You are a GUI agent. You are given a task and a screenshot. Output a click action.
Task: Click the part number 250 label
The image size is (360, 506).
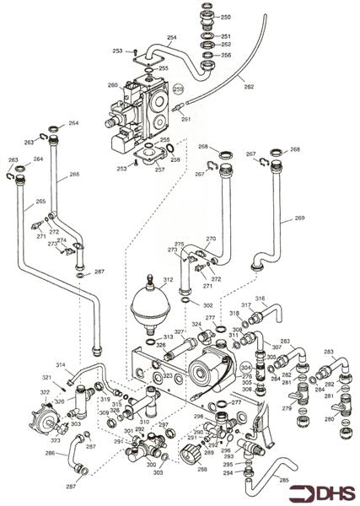(x=225, y=17)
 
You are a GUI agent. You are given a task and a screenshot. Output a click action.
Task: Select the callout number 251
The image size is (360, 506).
(x=225, y=36)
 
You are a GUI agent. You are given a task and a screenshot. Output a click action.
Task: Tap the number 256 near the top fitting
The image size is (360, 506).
(x=225, y=55)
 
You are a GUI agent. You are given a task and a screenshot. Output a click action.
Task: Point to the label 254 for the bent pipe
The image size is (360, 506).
(x=172, y=38)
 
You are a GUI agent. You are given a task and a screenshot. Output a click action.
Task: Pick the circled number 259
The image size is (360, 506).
(x=179, y=89)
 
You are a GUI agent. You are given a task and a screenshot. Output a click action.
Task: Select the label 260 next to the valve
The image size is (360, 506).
(x=112, y=85)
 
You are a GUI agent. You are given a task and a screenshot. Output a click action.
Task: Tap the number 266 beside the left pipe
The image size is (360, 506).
(x=74, y=175)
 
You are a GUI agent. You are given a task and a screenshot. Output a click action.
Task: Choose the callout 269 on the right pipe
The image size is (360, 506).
(x=298, y=218)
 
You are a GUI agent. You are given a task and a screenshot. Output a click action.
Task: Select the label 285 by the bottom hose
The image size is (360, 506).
(x=283, y=482)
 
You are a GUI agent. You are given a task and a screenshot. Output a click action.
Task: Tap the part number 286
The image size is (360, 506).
(x=51, y=454)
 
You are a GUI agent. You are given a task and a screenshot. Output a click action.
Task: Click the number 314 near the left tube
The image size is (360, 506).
(x=61, y=364)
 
